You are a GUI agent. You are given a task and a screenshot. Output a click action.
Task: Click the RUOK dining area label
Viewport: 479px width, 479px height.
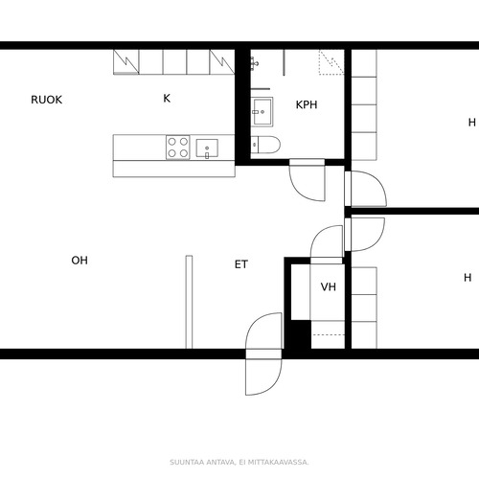(46, 100)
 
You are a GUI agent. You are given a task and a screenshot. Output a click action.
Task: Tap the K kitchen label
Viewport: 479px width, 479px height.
(167, 98)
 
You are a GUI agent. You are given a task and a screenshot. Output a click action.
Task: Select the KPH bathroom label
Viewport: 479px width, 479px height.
(307, 104)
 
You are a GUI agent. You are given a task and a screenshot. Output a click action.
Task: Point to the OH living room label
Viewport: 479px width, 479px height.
(80, 261)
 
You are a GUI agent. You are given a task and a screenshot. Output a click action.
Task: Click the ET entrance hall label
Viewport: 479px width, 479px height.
(241, 264)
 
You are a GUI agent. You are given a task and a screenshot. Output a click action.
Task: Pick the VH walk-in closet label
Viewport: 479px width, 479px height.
(329, 286)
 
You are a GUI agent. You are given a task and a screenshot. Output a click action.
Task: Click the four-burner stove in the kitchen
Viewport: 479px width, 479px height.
(178, 148)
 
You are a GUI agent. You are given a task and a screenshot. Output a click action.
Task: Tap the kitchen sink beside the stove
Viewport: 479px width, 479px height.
(207, 148)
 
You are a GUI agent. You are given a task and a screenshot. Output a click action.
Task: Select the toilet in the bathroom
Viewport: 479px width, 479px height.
(265, 145)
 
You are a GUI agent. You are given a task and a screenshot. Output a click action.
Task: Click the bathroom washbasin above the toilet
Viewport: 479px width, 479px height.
(262, 112)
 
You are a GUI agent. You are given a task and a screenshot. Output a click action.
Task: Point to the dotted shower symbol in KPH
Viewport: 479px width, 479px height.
(331, 62)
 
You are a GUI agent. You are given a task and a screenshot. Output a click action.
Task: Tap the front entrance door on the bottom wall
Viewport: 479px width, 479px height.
(263, 354)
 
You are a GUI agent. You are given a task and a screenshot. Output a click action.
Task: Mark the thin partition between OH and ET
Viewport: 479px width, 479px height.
(189, 302)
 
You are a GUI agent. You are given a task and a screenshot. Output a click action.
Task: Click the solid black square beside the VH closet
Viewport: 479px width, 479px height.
(301, 334)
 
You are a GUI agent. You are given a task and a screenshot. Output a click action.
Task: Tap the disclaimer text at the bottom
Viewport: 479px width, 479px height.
(239, 462)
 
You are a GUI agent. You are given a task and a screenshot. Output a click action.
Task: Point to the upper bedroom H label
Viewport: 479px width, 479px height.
(472, 123)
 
